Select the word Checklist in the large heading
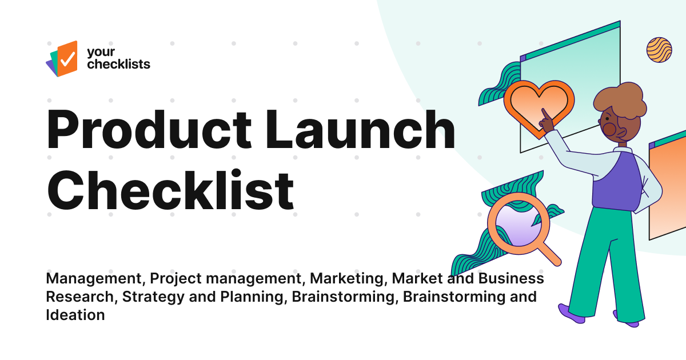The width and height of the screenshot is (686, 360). point(170,189)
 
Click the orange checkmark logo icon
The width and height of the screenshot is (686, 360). point(66,57)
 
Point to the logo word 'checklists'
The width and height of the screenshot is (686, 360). point(118,64)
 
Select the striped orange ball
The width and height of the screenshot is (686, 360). point(659,50)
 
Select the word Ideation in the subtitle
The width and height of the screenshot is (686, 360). point(75,314)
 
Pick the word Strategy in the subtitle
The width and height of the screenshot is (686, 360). point(150,297)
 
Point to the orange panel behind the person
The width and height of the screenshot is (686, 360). point(669,189)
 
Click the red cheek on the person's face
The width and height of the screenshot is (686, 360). point(609,129)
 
